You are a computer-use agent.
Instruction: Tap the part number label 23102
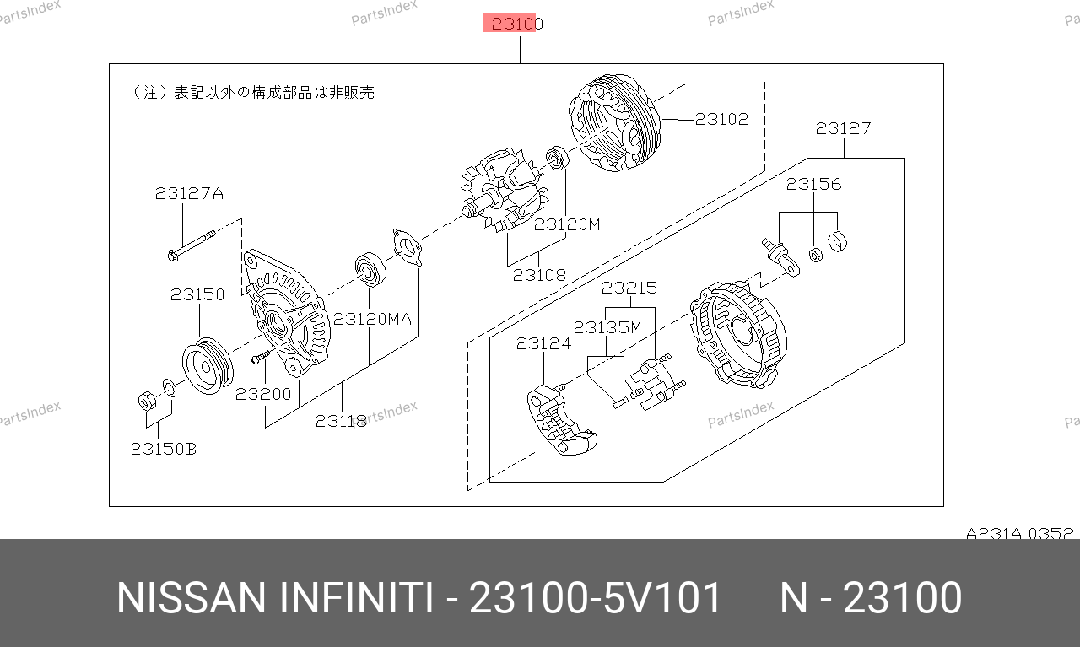click(721, 119)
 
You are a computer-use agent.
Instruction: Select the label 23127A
click(189, 193)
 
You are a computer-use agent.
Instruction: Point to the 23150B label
click(164, 449)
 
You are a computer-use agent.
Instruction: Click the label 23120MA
click(372, 319)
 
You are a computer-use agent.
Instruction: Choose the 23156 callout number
click(814, 184)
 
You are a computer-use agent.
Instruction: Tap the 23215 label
click(629, 288)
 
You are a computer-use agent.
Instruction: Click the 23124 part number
click(543, 343)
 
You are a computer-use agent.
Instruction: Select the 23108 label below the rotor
click(539, 275)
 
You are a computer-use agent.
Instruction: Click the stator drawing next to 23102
click(615, 123)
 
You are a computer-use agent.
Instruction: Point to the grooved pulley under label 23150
click(208, 365)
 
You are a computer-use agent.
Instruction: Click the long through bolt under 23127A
click(192, 245)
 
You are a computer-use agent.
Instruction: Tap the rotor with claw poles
click(504, 191)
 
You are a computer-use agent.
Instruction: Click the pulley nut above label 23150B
click(147, 402)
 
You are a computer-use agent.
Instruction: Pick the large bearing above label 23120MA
click(370, 269)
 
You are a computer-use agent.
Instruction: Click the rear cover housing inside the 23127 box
click(737, 334)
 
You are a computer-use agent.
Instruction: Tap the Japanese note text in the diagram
click(252, 92)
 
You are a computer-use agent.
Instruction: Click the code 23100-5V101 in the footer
click(595, 598)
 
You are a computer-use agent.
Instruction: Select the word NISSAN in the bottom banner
click(191, 598)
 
